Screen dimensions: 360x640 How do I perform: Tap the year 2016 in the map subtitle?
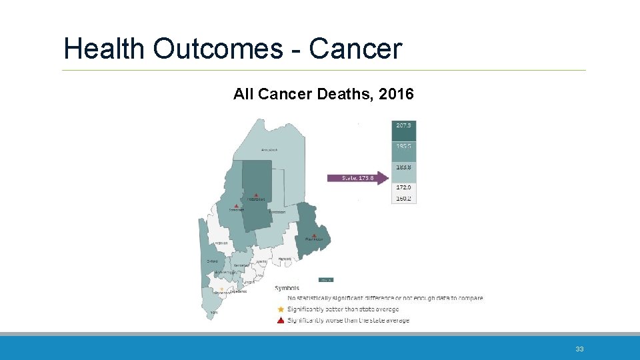pyautogui.click(x=396, y=95)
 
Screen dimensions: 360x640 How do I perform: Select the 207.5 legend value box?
pyautogui.click(x=403, y=125)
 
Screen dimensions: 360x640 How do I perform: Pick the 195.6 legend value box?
pyautogui.click(x=403, y=146)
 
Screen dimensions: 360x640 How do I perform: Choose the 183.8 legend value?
pyautogui.click(x=404, y=167)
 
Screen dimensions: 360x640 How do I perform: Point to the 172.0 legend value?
pyautogui.click(x=404, y=189)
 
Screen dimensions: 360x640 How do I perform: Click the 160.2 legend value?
pyautogui.click(x=404, y=199)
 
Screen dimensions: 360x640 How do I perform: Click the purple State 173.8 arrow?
pyautogui.click(x=357, y=178)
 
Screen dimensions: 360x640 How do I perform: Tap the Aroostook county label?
pyautogui.click(x=269, y=149)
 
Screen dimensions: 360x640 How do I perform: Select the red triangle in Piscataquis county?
pyautogui.click(x=257, y=195)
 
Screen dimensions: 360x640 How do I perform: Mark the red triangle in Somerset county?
pyautogui.click(x=236, y=205)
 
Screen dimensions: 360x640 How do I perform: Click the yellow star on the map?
pyautogui.click(x=221, y=289)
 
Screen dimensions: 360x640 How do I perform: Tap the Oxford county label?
pyautogui.click(x=212, y=261)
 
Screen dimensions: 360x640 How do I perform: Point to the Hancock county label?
pyautogui.click(x=285, y=259)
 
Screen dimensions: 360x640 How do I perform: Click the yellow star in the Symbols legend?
pyautogui.click(x=281, y=309)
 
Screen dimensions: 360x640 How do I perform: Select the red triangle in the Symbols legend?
pyautogui.click(x=281, y=320)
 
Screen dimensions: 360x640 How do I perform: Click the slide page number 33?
pyautogui.click(x=579, y=349)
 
